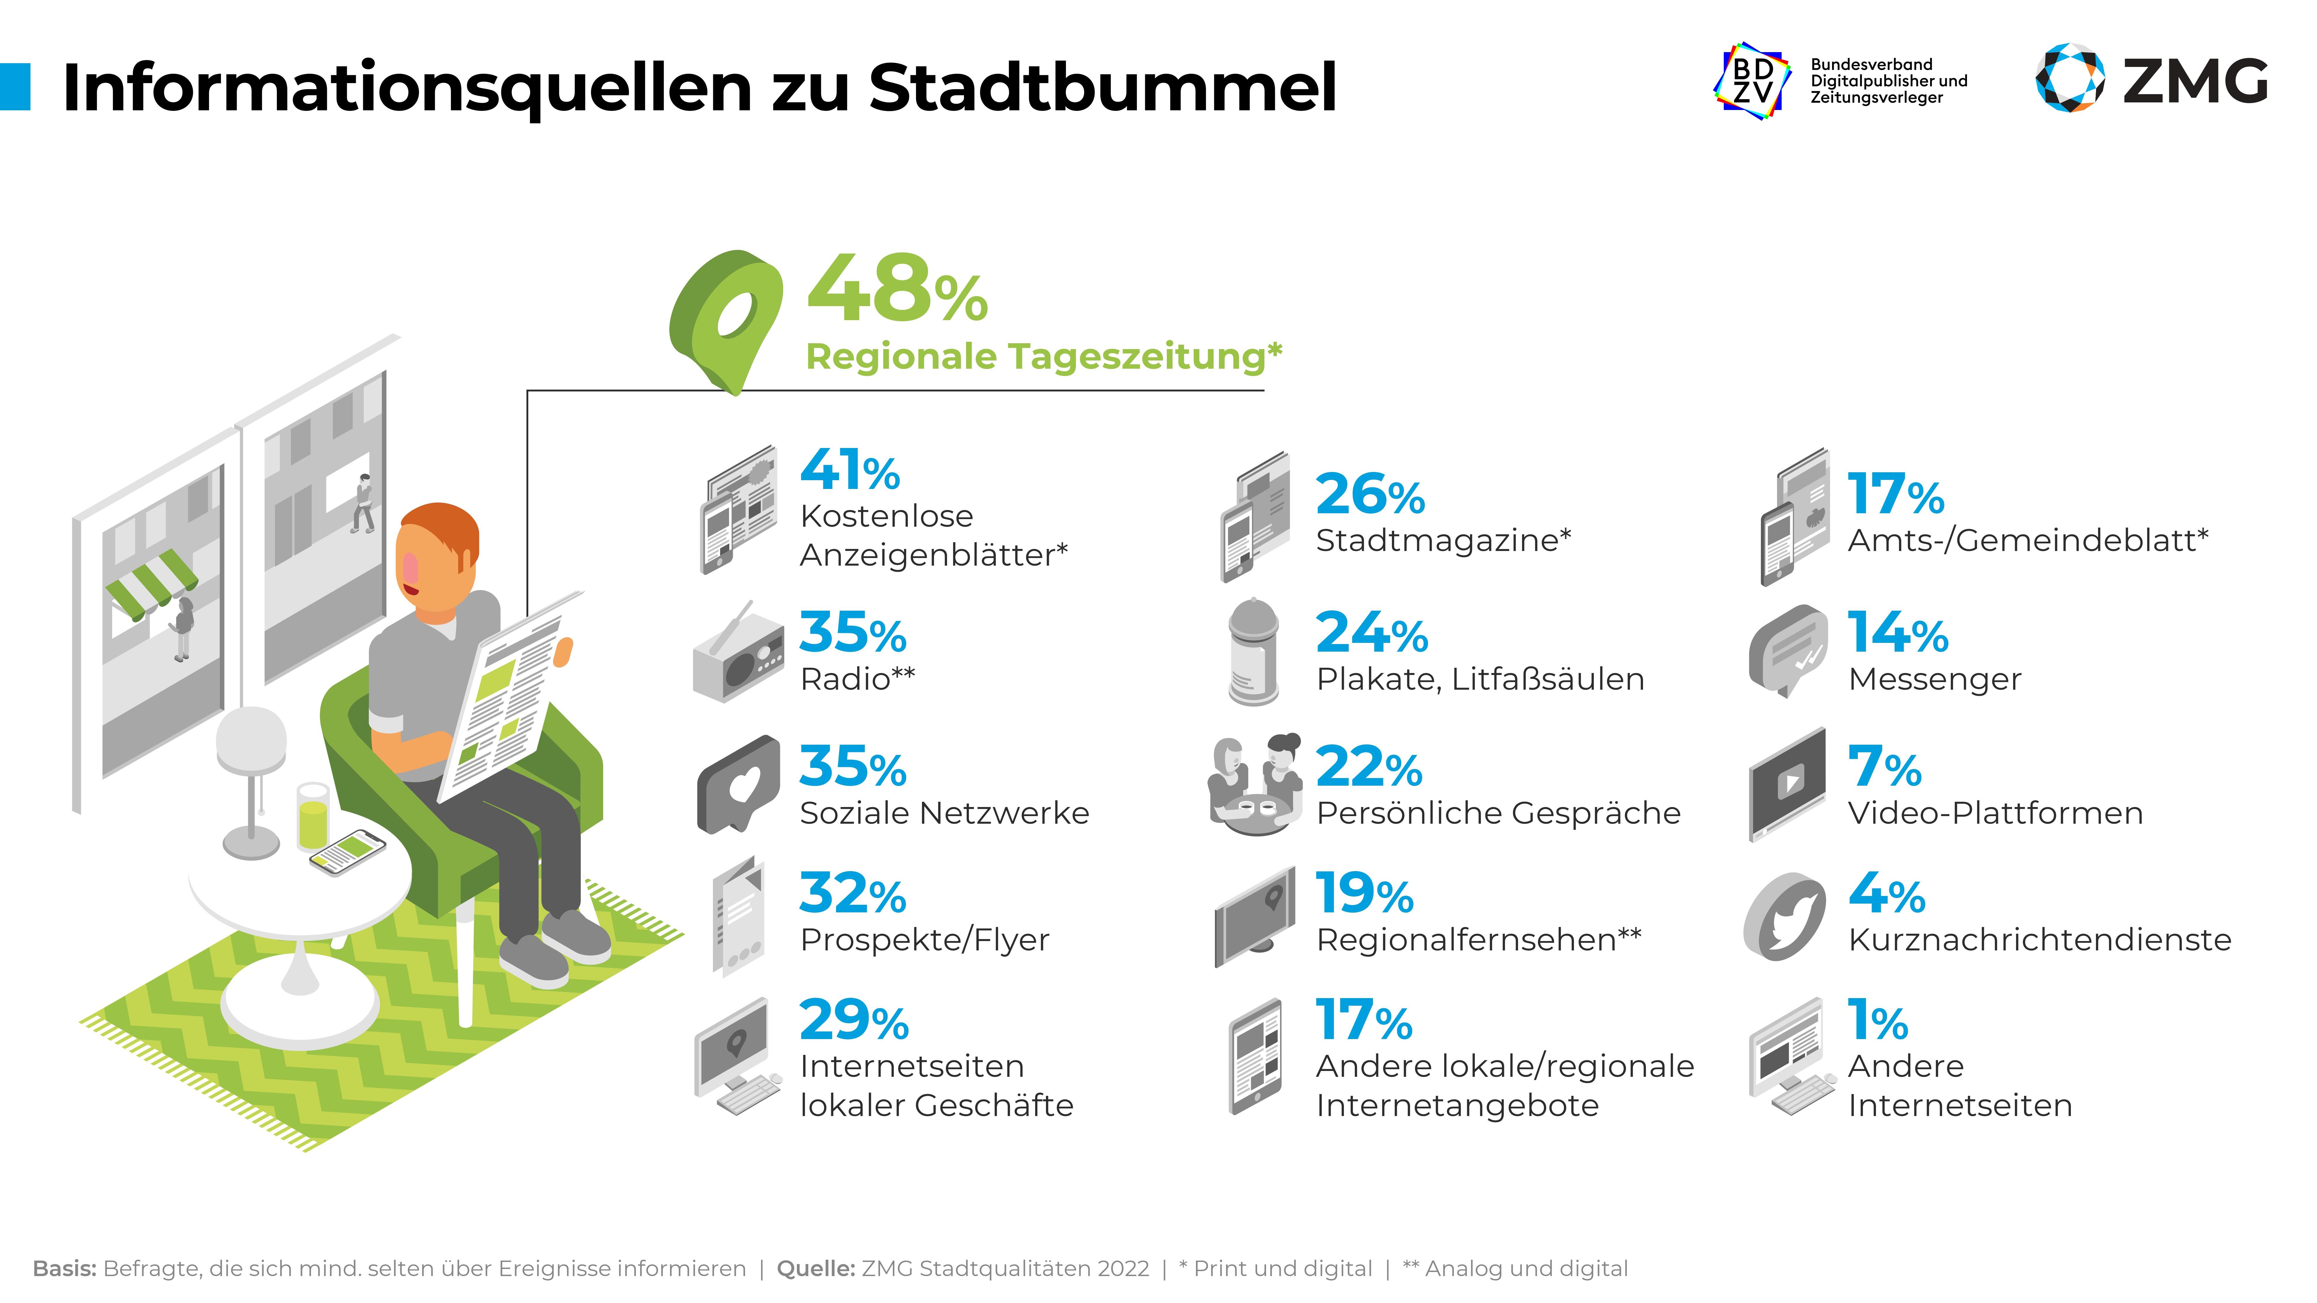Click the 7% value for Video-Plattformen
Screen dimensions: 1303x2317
click(x=1884, y=767)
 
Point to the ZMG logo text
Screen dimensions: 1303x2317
click(x=2195, y=82)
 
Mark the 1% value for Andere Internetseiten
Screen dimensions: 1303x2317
click(x=1877, y=1022)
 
